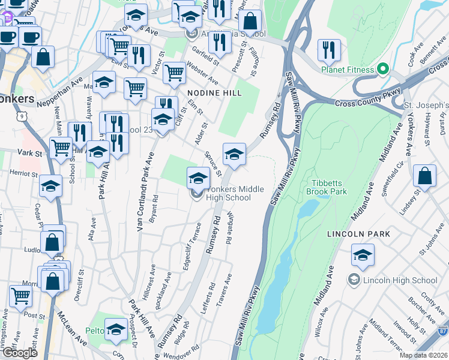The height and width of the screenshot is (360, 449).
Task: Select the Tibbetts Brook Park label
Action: (x=330, y=187)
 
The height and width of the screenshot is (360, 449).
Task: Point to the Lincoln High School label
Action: (x=400, y=280)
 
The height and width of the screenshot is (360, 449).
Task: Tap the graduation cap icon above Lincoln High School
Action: (x=363, y=256)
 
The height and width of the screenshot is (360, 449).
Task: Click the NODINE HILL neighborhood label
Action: (x=214, y=93)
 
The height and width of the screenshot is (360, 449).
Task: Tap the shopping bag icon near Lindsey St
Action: (x=424, y=176)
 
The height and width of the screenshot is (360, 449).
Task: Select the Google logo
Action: (x=20, y=353)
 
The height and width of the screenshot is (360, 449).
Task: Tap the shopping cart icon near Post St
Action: (x=20, y=296)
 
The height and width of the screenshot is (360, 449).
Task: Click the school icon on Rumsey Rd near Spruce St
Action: (x=234, y=155)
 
